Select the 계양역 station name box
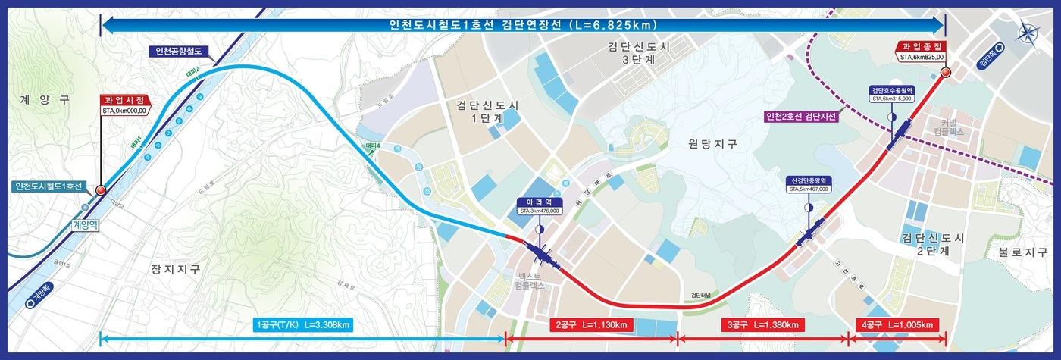coord(86,225)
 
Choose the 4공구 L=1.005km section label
coord(897,325)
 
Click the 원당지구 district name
coord(713,142)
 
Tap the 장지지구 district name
coord(177,268)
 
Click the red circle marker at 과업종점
coord(945,73)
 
